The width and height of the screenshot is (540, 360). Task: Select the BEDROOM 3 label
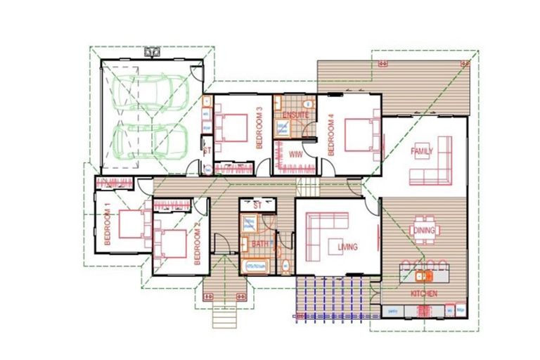(x=259, y=127)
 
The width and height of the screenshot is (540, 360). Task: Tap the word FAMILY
(x=422, y=150)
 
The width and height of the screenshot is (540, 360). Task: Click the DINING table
(x=425, y=230)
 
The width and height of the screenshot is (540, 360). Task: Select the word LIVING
(x=347, y=247)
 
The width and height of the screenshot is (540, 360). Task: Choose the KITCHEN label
(x=424, y=292)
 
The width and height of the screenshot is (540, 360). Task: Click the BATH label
(x=259, y=243)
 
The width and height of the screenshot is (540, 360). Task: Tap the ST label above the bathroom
(x=257, y=205)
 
